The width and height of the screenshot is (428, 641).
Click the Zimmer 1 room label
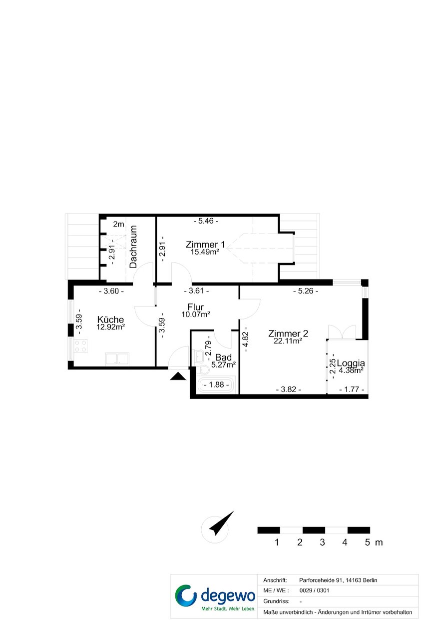pos(205,244)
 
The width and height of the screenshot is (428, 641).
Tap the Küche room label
pos(110,319)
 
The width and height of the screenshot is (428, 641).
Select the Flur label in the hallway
pos(196,307)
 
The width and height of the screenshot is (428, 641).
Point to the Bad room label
pos(223,357)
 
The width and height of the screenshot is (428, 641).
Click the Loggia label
pos(351,363)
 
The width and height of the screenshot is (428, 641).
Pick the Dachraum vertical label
pos(133,246)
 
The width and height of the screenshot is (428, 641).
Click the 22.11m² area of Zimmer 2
pos(288,341)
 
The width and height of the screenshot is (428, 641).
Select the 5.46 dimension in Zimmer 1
pos(206,221)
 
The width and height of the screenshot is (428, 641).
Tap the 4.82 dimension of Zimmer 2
pos(246,339)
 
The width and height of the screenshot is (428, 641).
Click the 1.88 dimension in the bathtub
pos(216,384)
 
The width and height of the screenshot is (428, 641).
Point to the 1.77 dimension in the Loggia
pos(352,389)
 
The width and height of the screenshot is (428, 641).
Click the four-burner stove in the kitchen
pos(80,345)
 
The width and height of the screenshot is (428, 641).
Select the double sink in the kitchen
pos(117,359)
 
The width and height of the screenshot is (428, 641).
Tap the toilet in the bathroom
pos(203,369)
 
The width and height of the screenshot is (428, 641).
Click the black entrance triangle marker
pos(178,376)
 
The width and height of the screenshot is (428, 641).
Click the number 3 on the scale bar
pos(322,542)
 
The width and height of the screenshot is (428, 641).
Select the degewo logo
pos(215,598)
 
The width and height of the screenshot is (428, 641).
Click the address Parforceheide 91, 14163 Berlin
pos(338,580)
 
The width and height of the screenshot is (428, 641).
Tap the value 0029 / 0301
pos(314,590)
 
